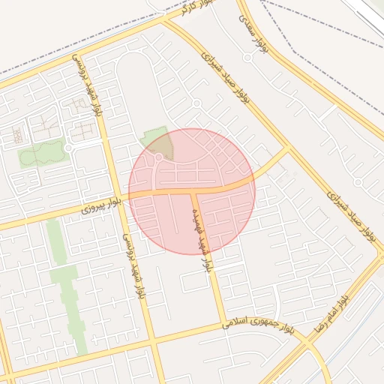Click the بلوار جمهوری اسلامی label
pos(259,323)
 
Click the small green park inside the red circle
pos(156,142)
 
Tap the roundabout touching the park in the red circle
pos(159,157)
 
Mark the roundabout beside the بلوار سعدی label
pos(248,57)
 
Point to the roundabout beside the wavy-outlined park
pos(68,148)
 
